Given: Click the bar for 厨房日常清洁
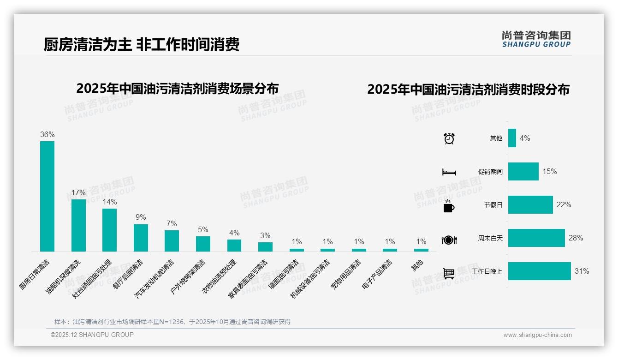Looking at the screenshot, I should click(47, 196).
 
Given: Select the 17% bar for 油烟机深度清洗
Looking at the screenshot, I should click(78, 225).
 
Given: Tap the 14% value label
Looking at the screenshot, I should click(110, 202).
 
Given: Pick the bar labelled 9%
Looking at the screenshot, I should click(141, 238).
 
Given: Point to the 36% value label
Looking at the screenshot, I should click(47, 135).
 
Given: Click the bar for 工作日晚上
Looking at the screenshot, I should click(539, 271).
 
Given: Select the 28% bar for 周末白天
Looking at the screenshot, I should click(536, 238).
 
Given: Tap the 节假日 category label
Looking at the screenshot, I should click(493, 205).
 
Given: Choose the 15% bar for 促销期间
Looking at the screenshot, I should click(523, 172).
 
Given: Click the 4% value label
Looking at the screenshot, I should click(525, 138).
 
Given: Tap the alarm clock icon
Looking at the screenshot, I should click(449, 138).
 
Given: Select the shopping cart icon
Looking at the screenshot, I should click(449, 273).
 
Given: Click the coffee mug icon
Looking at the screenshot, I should click(449, 206).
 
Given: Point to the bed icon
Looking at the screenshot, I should click(449, 172).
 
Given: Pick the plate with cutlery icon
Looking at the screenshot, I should click(449, 240).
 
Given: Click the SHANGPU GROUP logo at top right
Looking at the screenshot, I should click(536, 39).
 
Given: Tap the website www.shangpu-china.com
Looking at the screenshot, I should click(537, 335).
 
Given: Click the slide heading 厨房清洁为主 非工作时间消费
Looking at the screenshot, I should click(142, 45).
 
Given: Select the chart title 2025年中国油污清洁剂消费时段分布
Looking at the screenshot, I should click(468, 90).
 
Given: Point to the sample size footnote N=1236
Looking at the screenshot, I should click(172, 322).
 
